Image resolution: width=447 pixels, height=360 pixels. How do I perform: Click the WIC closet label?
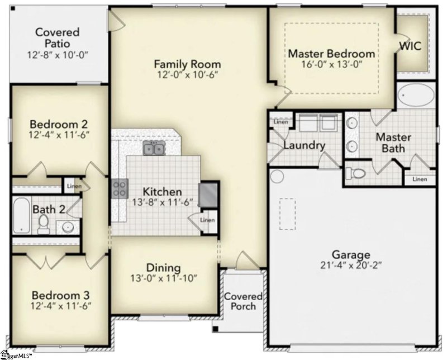coord(411,45)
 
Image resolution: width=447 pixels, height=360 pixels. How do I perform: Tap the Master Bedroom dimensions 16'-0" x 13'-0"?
coord(331,65)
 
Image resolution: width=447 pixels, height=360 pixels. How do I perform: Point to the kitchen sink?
coord(153,149)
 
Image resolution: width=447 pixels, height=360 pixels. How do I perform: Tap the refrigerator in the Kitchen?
coord(208,193)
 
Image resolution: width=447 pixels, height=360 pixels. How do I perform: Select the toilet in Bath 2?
coord(43,223)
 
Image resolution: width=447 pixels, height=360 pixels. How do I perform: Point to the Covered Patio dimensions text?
coord(58,55)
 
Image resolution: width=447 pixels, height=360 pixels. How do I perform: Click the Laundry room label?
coord(304,146)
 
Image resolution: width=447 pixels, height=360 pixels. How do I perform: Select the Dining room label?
coord(163,267)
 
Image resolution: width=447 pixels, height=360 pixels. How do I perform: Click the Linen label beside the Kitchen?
coord(207,220)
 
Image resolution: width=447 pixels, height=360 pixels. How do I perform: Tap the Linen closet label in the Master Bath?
coord(420,179)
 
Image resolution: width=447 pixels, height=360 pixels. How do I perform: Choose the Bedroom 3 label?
coord(61,295)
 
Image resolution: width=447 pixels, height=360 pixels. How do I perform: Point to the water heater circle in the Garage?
coord(277,177)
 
